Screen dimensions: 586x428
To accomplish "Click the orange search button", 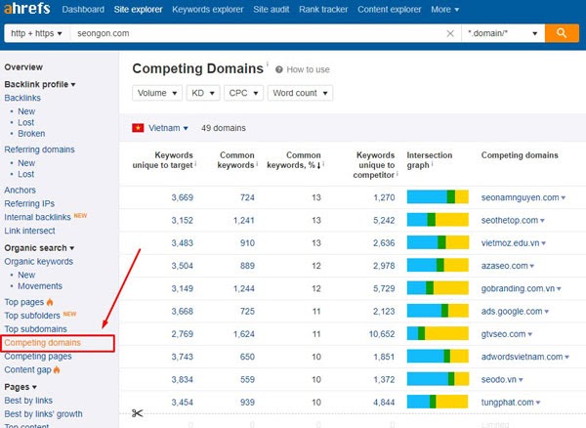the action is click(x=562, y=33).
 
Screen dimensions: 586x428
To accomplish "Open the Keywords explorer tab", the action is click(x=208, y=10).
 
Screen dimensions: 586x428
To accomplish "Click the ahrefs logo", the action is click(x=27, y=8).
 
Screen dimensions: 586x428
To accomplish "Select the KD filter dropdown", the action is click(x=203, y=93).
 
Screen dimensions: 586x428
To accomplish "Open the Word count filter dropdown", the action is click(x=300, y=93).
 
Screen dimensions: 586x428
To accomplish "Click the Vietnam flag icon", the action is click(x=138, y=128).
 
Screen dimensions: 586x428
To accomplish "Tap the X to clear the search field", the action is click(x=450, y=33).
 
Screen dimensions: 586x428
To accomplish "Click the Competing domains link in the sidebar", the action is click(x=43, y=343).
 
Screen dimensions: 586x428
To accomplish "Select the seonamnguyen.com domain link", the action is click(x=520, y=197).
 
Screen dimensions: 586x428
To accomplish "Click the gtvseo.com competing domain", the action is click(x=503, y=334).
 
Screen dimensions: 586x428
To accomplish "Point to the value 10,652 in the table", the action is click(x=382, y=334).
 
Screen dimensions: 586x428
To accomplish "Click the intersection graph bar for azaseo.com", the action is click(x=438, y=266).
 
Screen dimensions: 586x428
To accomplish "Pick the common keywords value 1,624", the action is click(x=243, y=334).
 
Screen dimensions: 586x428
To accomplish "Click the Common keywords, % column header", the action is click(x=294, y=160).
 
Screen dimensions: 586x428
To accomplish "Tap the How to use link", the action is click(x=308, y=69).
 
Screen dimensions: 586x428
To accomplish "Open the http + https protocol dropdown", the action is click(x=36, y=33).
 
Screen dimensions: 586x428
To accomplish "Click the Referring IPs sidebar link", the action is click(x=29, y=203).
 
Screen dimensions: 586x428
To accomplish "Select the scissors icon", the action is click(x=137, y=413).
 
